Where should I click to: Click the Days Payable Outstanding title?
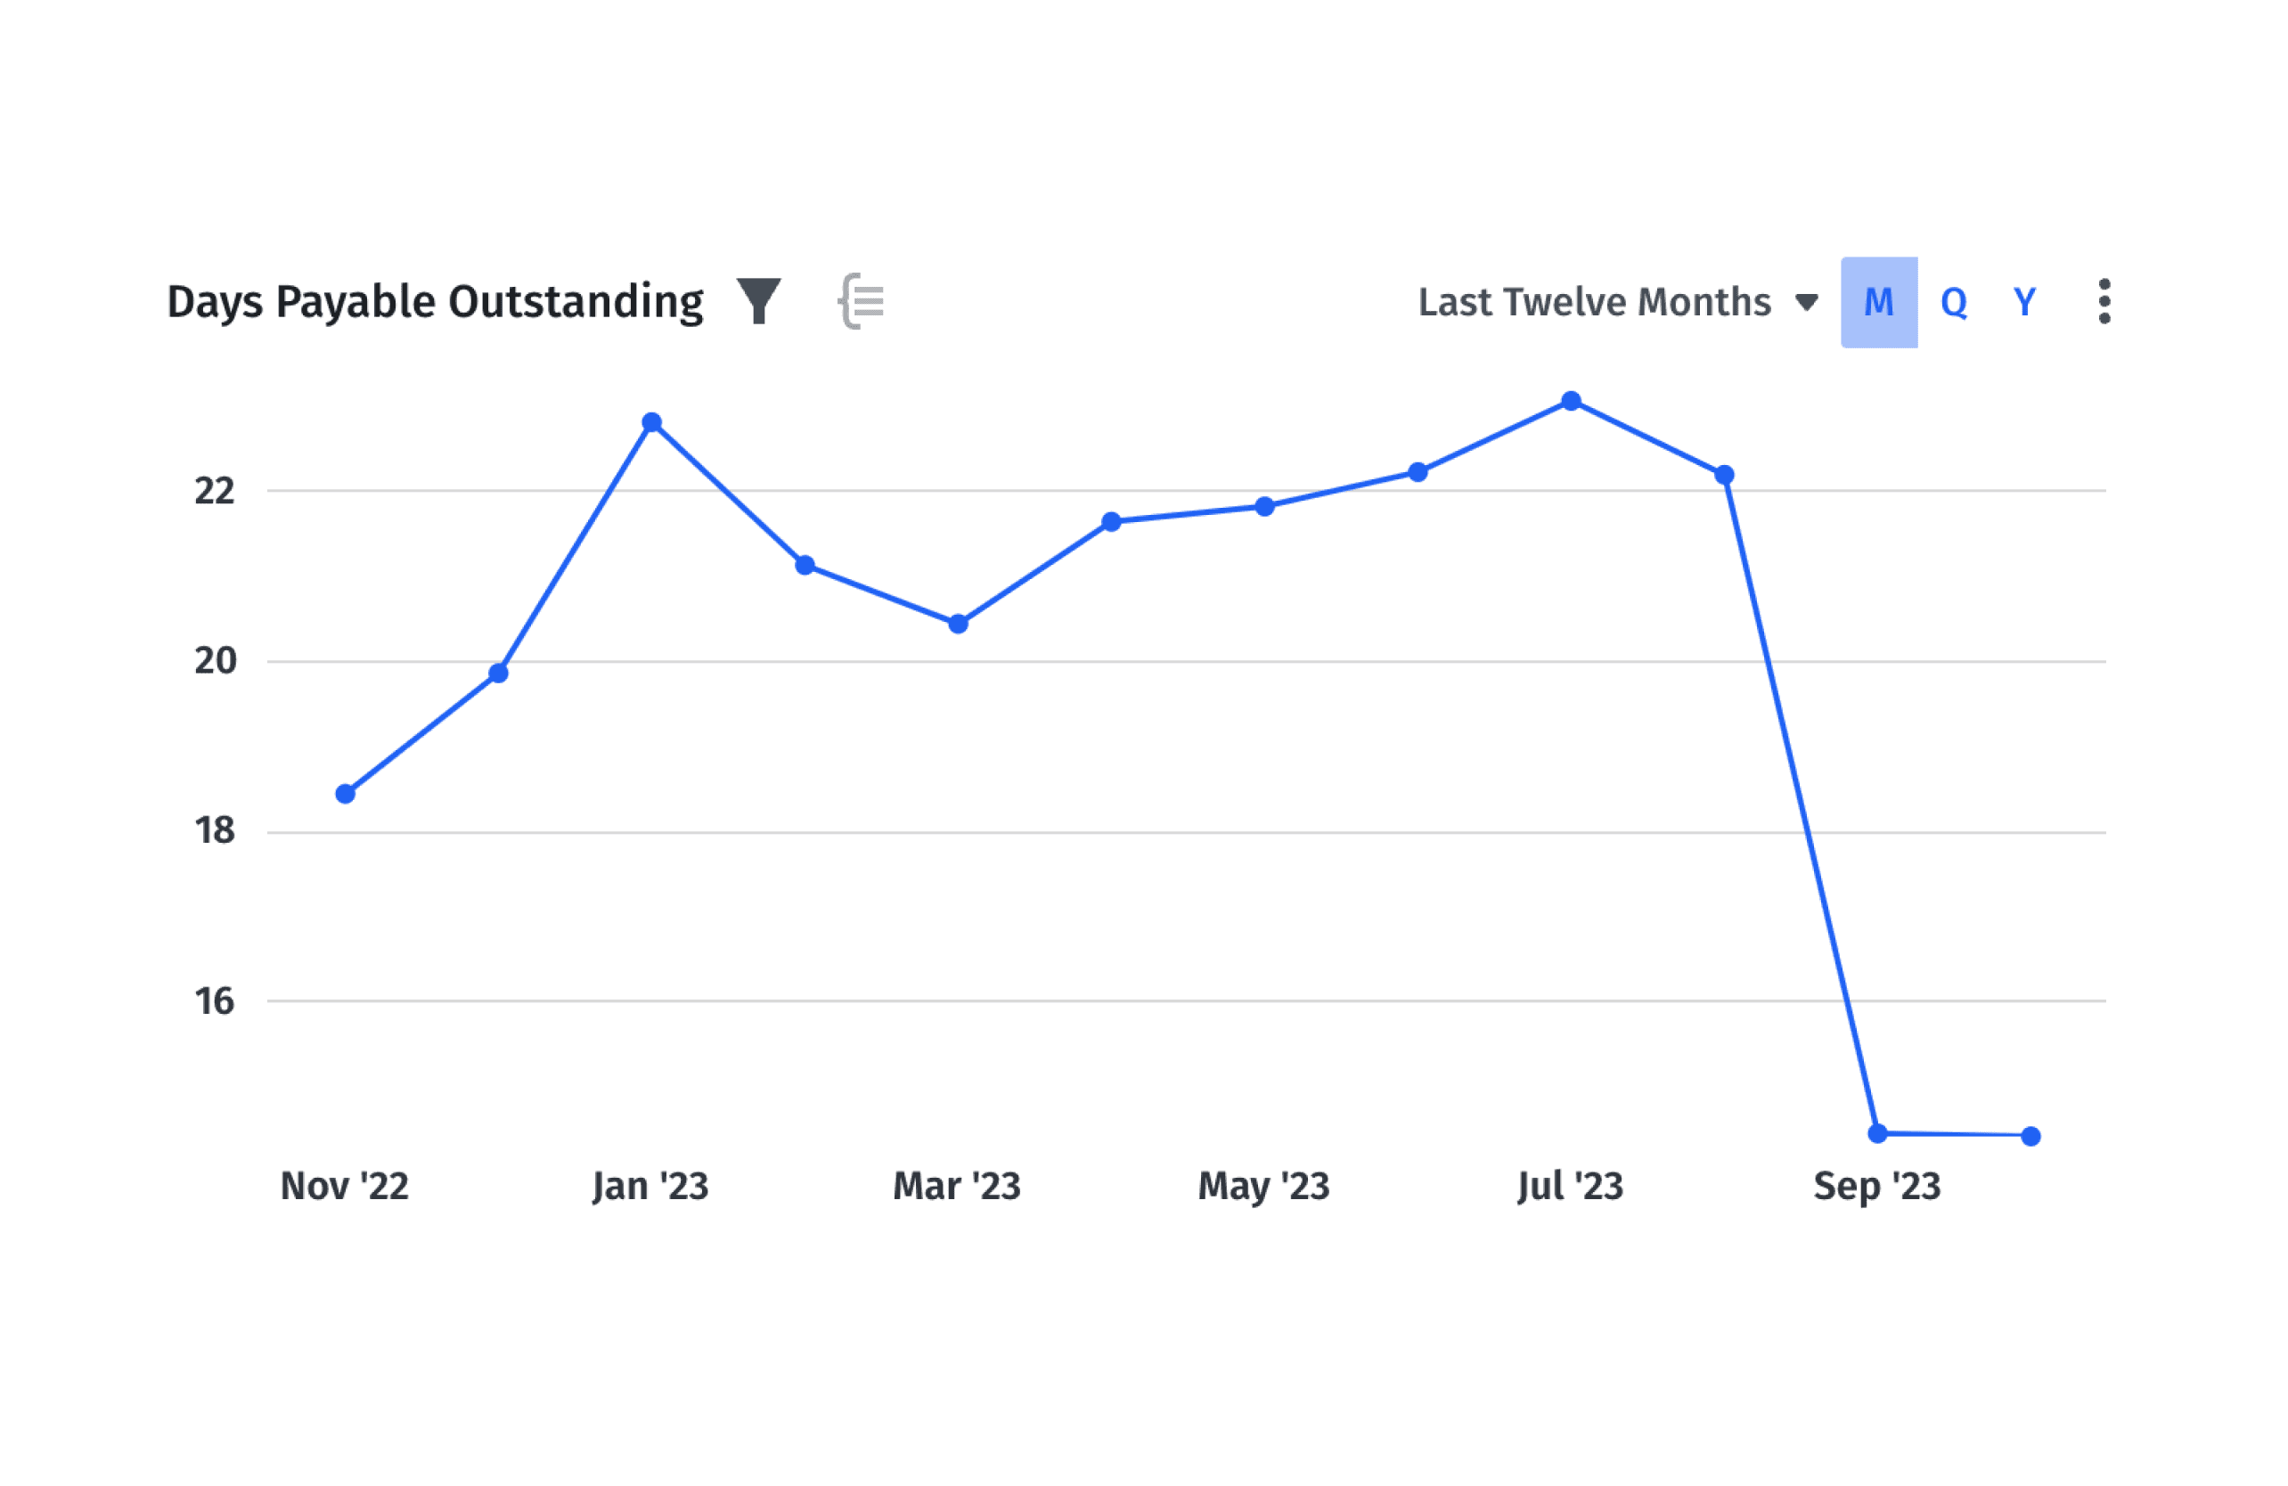(x=435, y=302)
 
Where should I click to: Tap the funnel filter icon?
(x=758, y=301)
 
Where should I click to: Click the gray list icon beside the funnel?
(x=862, y=301)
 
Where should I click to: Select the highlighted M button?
(x=1878, y=302)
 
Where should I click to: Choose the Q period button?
(x=1954, y=302)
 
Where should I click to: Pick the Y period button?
(x=2024, y=302)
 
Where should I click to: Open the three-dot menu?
(x=2104, y=302)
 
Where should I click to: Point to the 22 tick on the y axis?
(x=215, y=491)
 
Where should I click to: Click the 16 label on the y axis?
(x=215, y=1001)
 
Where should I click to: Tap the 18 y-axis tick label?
(x=215, y=831)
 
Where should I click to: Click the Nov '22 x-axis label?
(x=344, y=1186)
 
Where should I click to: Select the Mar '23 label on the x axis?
(x=957, y=1186)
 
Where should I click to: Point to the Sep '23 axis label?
(x=1876, y=1186)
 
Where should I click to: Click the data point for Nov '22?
(x=345, y=794)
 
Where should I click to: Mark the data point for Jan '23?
(x=652, y=422)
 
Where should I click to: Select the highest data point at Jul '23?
(x=1571, y=401)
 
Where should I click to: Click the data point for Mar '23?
(x=958, y=624)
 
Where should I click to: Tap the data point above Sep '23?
(x=1877, y=1134)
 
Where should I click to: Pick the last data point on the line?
(x=2031, y=1136)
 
